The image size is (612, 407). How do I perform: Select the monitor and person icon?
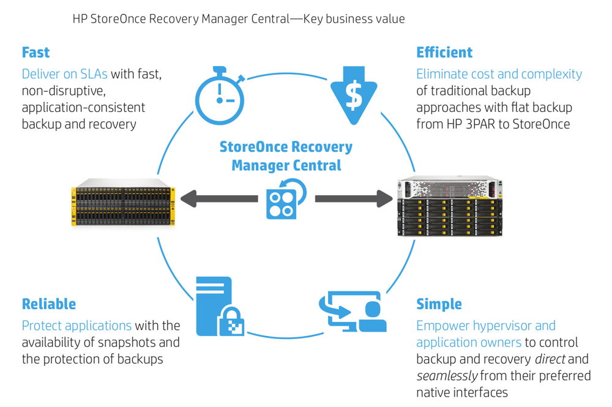click(x=353, y=312)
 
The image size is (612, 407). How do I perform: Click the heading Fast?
click(x=36, y=52)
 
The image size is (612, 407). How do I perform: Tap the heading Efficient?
click(x=445, y=52)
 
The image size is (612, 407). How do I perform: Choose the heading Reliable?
click(x=49, y=304)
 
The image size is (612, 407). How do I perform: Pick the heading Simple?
click(x=439, y=304)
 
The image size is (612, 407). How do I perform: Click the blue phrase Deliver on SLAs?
click(x=65, y=74)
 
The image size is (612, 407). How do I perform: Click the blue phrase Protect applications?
click(x=76, y=325)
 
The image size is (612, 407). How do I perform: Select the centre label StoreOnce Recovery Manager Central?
click(x=286, y=155)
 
